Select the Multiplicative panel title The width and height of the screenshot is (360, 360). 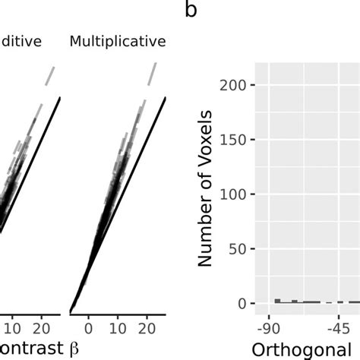click(x=118, y=41)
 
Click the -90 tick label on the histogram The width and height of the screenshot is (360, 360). click(x=268, y=329)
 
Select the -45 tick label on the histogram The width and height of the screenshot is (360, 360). click(x=338, y=329)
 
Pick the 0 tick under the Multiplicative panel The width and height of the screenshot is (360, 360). click(x=88, y=329)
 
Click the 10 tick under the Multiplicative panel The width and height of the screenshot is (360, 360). click(x=118, y=329)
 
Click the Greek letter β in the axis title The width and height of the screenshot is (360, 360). click(x=74, y=349)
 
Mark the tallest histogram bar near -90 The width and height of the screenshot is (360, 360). click(x=278, y=301)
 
